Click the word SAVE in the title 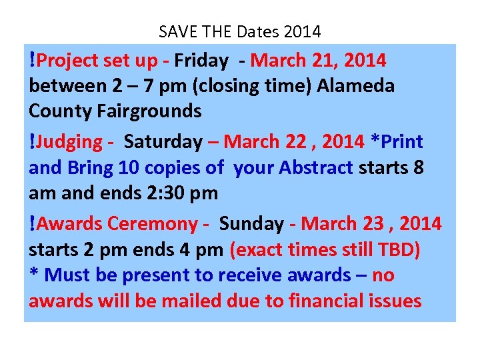pyautogui.click(x=176, y=31)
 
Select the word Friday pyautogui.click(x=202, y=61)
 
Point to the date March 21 pyautogui.click(x=298, y=61)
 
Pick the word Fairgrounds pyautogui.click(x=145, y=111)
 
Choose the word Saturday pyautogui.click(x=163, y=142)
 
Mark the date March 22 pyautogui.click(x=273, y=142)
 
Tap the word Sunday pyautogui.click(x=251, y=223)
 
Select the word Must pyautogui.click(x=67, y=275)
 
